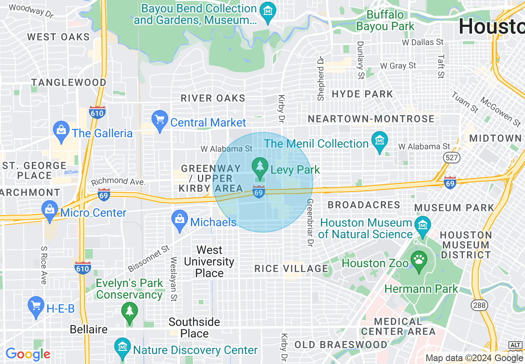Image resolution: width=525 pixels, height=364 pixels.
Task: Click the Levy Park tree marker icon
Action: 260,166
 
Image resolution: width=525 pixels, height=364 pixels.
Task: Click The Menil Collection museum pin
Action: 379,141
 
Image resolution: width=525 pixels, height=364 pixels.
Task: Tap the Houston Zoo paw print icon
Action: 419,261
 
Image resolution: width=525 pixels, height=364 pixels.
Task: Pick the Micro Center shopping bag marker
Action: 50,210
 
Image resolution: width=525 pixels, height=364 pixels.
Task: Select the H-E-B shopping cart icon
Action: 36,306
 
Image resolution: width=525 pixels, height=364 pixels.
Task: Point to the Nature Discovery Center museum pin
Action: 123,347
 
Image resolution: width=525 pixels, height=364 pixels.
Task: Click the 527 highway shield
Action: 450,157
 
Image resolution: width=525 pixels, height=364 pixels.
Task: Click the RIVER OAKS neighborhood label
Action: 213,98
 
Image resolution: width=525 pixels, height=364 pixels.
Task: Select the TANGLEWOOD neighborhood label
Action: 69,82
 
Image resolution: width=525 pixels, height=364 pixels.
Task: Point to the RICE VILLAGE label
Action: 291,268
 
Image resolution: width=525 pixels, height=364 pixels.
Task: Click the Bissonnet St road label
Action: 149,259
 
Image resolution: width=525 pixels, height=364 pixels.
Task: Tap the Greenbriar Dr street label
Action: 309,222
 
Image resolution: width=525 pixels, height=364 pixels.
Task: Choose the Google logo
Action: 28,354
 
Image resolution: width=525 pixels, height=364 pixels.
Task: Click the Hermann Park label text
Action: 421,289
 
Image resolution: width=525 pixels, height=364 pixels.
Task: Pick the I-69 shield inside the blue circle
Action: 259,192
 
